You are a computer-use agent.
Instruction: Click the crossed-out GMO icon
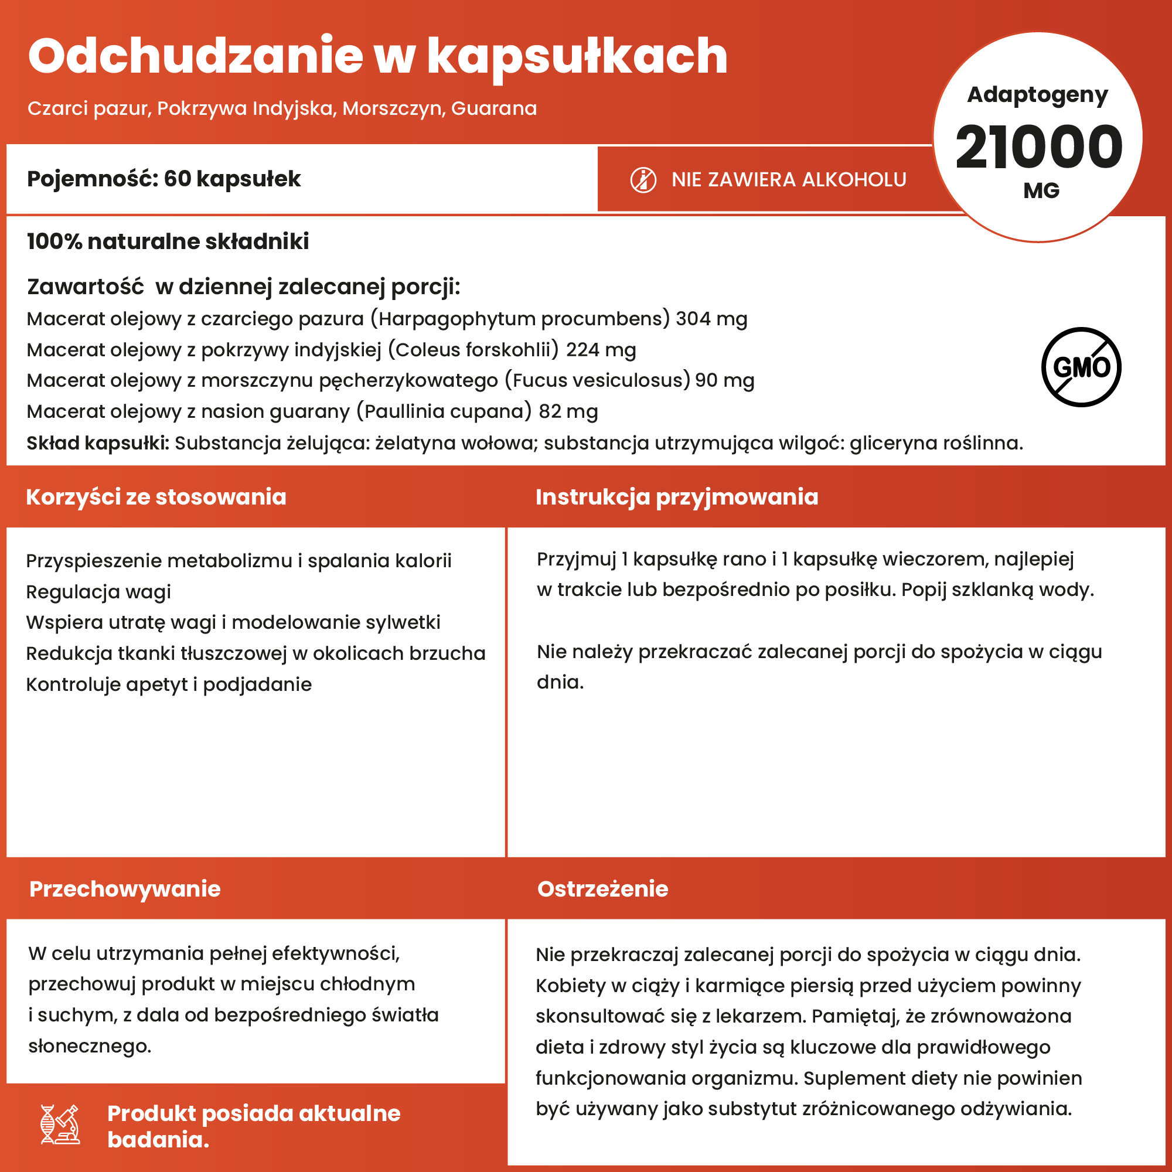[1081, 367]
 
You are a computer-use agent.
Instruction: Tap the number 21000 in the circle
[1038, 147]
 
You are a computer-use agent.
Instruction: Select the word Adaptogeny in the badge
[1037, 94]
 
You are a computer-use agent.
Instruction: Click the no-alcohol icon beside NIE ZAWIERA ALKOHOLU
[643, 180]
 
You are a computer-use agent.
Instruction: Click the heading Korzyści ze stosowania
[156, 497]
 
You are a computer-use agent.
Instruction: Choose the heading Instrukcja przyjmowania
[676, 497]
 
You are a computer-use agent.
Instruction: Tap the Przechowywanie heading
[125, 889]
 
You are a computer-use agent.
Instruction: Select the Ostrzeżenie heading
[602, 889]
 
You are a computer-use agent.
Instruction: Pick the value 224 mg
[601, 350]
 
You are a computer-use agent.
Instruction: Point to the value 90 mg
[724, 380]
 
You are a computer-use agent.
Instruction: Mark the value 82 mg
[568, 411]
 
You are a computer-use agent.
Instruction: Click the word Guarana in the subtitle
[494, 108]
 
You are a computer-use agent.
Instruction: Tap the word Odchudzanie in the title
[195, 56]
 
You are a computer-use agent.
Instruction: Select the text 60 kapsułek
[231, 179]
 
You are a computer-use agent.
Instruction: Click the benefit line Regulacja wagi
[98, 591]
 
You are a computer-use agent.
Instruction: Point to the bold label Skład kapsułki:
[98, 443]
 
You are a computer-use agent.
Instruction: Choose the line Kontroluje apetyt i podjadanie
[169, 684]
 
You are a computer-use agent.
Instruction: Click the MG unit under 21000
[1041, 190]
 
